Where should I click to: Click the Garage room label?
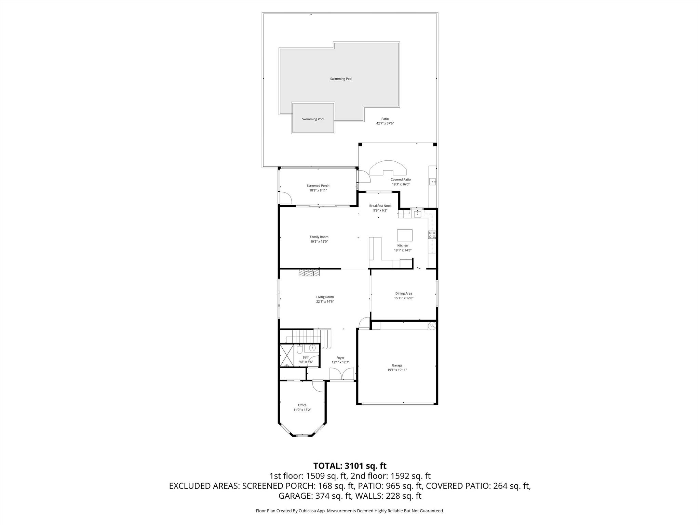point(397,365)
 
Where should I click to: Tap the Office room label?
point(302,405)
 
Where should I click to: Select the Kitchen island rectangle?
point(405,235)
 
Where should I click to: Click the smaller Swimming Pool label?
point(313,119)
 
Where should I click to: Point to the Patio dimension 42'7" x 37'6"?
point(385,123)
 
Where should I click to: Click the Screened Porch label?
point(318,186)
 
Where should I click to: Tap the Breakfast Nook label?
point(380,206)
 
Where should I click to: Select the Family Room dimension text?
point(319,242)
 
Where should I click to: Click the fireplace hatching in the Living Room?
point(309,272)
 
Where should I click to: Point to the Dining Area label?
point(403,293)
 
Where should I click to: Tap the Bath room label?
point(306,357)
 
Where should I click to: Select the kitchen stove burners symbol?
point(432,234)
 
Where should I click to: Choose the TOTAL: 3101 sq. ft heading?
point(350,466)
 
